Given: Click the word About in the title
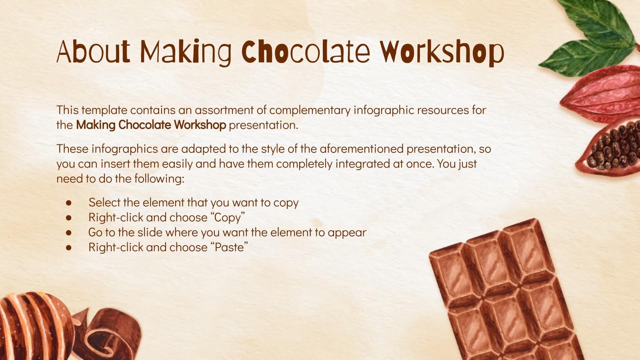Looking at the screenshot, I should pos(93,52).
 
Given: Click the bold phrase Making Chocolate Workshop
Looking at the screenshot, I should pos(151,125).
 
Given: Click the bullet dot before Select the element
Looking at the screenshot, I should pos(69,203).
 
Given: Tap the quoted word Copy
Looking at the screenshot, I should pos(229,218).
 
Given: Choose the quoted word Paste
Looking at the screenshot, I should pos(231,247).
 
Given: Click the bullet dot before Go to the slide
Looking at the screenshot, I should pos(69,232).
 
